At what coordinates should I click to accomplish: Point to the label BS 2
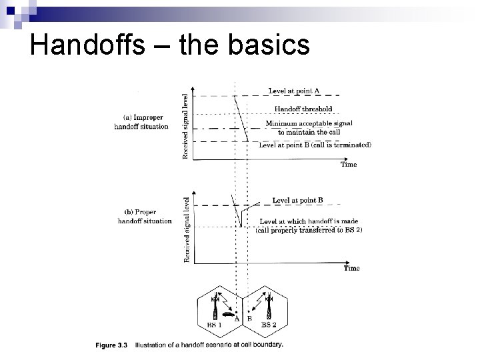269,325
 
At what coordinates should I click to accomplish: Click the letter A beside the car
237,319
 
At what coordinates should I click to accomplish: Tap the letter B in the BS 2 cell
249,319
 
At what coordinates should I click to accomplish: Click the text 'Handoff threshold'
303,109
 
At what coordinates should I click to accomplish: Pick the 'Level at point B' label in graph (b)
298,200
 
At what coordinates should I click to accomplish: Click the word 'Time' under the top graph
349,164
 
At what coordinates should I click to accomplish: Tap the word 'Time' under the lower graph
351,268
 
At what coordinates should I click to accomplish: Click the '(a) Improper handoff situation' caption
141,122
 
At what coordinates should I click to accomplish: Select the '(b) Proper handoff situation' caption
144,217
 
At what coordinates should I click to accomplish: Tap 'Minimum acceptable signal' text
309,123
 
